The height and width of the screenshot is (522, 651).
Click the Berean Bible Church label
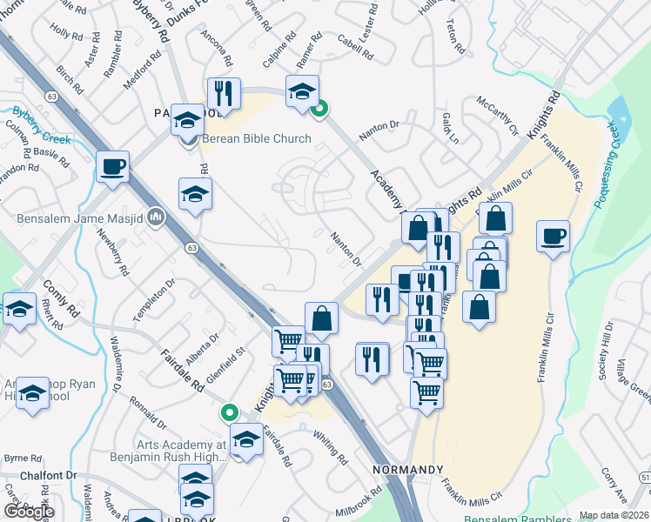click(256, 139)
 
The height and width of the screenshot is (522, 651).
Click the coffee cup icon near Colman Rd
click(112, 165)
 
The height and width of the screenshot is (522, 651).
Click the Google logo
click(29, 512)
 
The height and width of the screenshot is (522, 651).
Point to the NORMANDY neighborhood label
click(408, 470)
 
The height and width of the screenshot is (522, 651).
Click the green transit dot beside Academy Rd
click(320, 109)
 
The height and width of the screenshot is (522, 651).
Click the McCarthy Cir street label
click(497, 117)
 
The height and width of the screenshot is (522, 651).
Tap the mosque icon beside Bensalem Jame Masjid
click(157, 215)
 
